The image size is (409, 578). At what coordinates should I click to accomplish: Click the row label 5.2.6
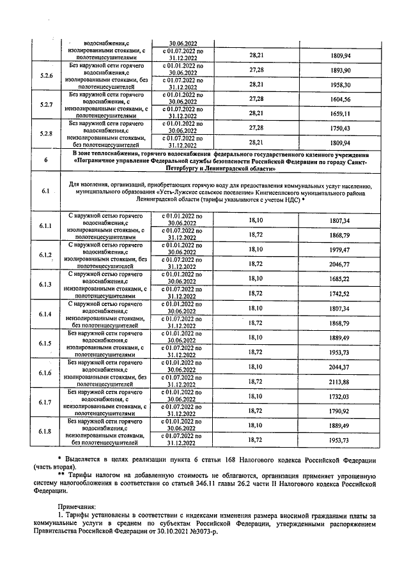point(45,77)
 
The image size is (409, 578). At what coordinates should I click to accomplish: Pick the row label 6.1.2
point(45,255)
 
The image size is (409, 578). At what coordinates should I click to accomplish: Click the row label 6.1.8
point(45,432)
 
